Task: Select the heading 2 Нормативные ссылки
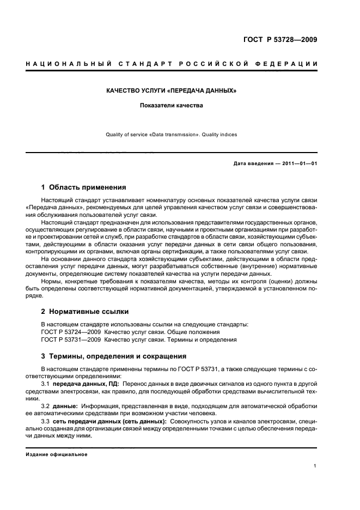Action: pyautogui.click(x=85, y=312)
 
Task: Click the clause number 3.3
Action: pyautogui.click(x=46, y=422)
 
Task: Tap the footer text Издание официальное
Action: pyautogui.click(x=57, y=455)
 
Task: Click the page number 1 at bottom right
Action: pyautogui.click(x=316, y=466)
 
